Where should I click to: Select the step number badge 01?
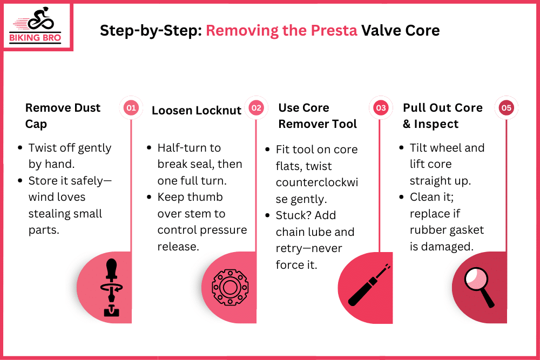tap(131, 108)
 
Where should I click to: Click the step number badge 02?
tap(256, 108)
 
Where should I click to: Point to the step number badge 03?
tap(381, 108)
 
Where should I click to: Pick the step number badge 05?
tap(506, 108)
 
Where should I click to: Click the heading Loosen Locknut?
tap(197, 110)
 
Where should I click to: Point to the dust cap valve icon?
tap(111, 288)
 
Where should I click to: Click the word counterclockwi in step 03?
tap(317, 182)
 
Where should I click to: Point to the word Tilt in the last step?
tap(419, 148)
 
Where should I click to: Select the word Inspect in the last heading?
tap(436, 124)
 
